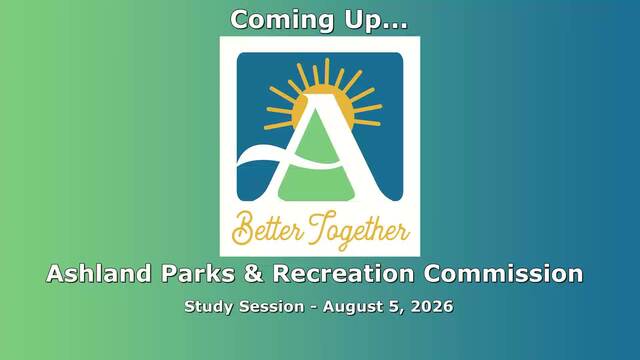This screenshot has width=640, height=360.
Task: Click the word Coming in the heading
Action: pyautogui.click(x=282, y=20)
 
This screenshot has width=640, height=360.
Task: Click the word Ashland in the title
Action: pyautogui.click(x=99, y=273)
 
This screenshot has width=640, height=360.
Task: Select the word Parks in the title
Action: pyautogui.click(x=198, y=273)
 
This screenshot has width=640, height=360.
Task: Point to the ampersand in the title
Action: pyautogui.click(x=253, y=273)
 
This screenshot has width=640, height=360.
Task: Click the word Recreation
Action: pyautogui.click(x=344, y=273)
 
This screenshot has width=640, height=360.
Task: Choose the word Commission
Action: pyautogui.click(x=503, y=273)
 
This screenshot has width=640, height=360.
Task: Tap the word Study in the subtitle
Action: pyautogui.click(x=209, y=307)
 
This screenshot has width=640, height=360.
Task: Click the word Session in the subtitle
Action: pyautogui.click(x=271, y=306)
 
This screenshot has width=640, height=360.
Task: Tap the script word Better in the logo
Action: pyautogui.click(x=267, y=230)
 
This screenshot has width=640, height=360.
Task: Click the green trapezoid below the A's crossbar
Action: pyautogui.click(x=316, y=184)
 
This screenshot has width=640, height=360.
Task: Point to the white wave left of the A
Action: pyautogui.click(x=261, y=156)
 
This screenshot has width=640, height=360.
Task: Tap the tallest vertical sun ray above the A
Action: pyautogui.click(x=327, y=72)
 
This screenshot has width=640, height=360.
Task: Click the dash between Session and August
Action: pyautogui.click(x=313, y=307)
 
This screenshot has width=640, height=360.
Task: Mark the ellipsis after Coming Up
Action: pyautogui.click(x=396, y=27)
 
